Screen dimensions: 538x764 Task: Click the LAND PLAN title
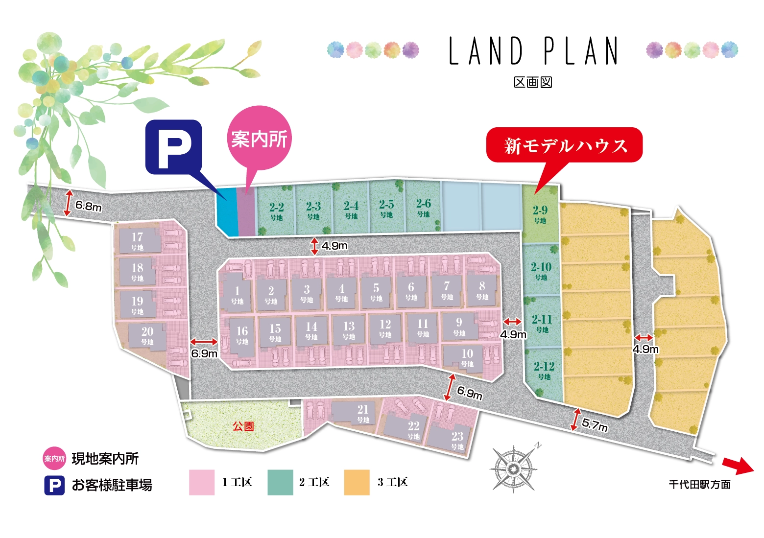tap(533, 51)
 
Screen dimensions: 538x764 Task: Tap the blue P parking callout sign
tap(174, 147)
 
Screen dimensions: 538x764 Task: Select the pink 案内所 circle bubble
tap(259, 139)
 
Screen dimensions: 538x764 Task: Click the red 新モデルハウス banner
tap(565, 145)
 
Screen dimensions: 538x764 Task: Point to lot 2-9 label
tap(540, 213)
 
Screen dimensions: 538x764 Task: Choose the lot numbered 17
tap(137, 240)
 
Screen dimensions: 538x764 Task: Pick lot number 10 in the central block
tap(467, 357)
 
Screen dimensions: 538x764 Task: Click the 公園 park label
tap(243, 426)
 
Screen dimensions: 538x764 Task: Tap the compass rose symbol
tap(513, 469)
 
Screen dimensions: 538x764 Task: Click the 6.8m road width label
tap(88, 206)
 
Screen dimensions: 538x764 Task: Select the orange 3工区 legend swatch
tap(357, 483)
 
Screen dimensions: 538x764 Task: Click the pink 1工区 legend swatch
tap(202, 483)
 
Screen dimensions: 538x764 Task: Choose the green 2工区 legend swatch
tap(280, 483)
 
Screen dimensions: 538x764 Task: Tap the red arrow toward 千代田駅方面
tap(738, 465)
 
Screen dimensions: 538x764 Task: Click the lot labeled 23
tap(457, 439)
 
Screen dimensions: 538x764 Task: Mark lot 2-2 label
tap(277, 211)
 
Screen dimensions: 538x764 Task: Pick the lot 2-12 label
tap(544, 370)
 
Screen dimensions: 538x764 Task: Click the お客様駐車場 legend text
tap(112, 485)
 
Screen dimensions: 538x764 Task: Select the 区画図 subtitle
tap(533, 82)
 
